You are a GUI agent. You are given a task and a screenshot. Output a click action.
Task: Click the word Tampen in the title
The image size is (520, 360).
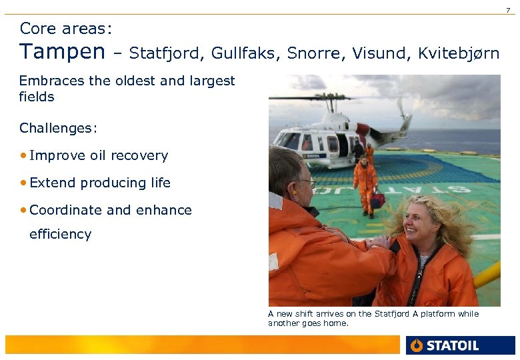point(62,52)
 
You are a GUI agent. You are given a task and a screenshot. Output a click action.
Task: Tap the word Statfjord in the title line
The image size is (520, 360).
point(167,53)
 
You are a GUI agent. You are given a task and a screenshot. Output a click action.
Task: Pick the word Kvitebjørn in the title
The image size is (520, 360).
point(459,54)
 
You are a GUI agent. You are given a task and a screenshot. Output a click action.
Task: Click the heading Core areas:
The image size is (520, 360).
point(65,29)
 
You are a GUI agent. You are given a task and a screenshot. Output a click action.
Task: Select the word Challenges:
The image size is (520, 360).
point(58,128)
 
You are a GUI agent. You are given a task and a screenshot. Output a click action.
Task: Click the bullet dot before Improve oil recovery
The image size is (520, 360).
point(23,155)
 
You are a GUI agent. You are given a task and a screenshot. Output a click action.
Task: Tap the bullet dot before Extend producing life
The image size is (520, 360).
point(23,183)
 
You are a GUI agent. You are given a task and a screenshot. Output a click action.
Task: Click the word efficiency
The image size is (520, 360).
point(60,234)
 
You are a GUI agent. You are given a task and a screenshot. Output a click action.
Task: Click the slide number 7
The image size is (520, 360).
point(507,9)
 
